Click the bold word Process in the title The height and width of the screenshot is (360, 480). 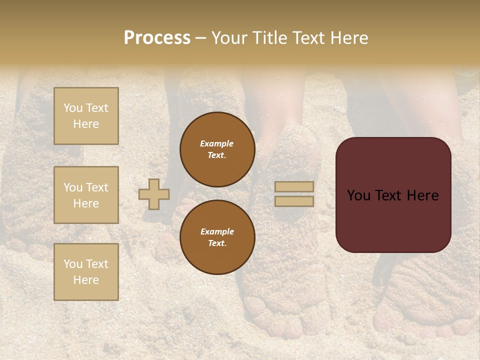[157, 38]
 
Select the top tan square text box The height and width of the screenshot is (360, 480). [86, 116]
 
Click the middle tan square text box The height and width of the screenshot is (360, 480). [86, 195]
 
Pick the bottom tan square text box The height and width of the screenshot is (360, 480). [86, 272]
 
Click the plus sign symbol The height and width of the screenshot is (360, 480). [154, 194]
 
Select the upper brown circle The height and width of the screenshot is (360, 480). [217, 149]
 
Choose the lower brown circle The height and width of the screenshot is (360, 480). [217, 237]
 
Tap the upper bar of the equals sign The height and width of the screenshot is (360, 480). [294, 186]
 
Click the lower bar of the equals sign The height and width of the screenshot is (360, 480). [294, 201]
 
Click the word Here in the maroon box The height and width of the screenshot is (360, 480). [422, 195]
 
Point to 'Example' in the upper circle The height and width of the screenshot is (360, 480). [217, 143]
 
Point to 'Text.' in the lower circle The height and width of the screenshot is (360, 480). [217, 243]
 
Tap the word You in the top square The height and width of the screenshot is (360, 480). [73, 108]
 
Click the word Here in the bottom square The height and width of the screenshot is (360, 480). [86, 280]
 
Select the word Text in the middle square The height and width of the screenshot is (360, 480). [97, 187]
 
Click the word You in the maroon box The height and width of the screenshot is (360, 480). [358, 195]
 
